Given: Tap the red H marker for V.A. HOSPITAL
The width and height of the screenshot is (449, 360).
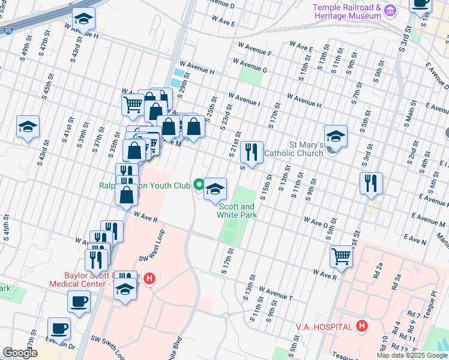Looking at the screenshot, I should coord(361,326).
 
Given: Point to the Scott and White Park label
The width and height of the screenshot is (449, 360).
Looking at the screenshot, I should coord(237,210).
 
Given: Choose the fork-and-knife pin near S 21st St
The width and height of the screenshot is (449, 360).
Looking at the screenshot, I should coord(252,152).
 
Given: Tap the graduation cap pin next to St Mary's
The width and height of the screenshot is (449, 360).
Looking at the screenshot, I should coord(336,136).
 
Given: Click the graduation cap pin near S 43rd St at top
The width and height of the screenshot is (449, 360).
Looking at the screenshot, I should coord(83,19).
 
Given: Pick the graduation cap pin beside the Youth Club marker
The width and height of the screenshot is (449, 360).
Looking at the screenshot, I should coord(214,189).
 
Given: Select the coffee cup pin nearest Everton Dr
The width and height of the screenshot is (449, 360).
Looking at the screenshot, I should coord(59,328).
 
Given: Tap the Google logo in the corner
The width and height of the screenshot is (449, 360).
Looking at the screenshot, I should coord(20,353).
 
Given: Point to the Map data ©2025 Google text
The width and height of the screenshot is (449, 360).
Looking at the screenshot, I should coord(411,355).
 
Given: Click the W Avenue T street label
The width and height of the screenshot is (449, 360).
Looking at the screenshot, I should coord(273,295).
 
